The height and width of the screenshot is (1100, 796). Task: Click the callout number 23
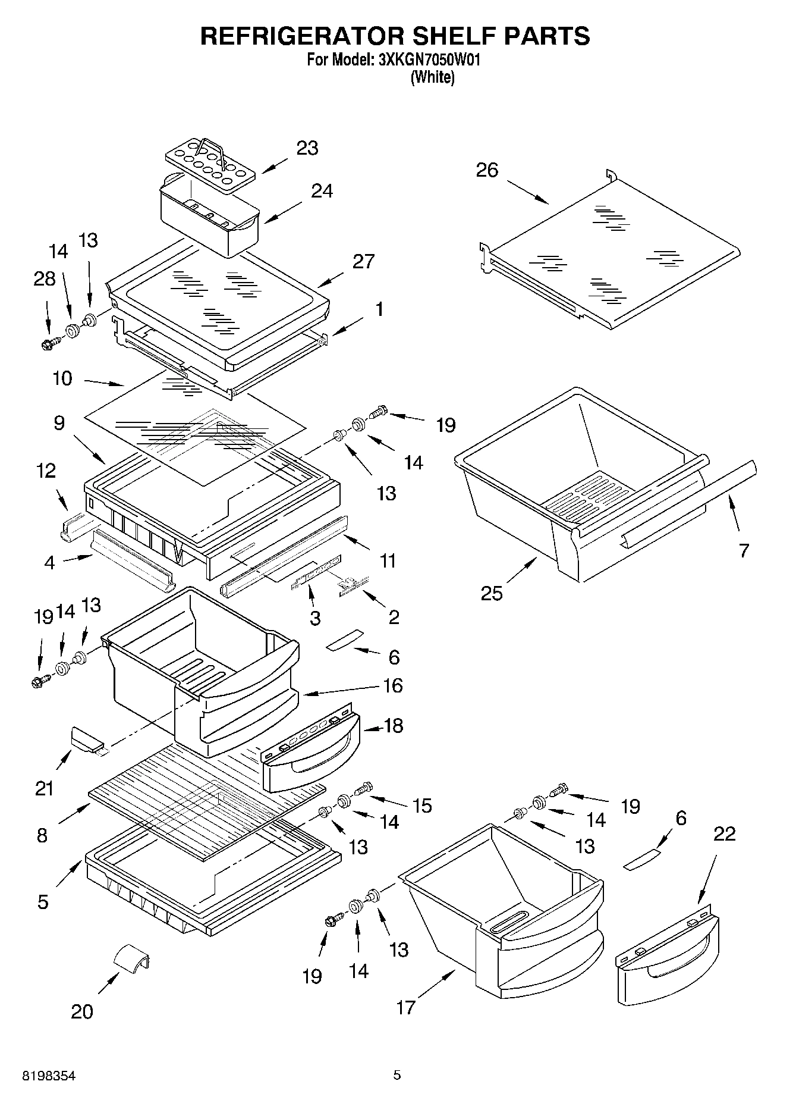click(x=307, y=148)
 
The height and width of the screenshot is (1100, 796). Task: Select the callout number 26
click(x=487, y=170)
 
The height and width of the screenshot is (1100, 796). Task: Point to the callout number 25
click(x=492, y=593)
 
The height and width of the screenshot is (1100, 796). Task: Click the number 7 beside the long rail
click(x=744, y=551)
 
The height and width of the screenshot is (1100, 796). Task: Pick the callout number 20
click(x=82, y=1011)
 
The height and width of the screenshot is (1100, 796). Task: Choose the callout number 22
click(x=724, y=833)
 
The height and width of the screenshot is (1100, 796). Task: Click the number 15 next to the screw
click(x=422, y=806)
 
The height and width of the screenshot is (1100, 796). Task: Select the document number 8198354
click(x=49, y=1076)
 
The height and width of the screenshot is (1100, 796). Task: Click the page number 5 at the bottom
click(x=397, y=1075)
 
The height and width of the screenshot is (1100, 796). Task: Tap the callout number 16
click(x=393, y=685)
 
